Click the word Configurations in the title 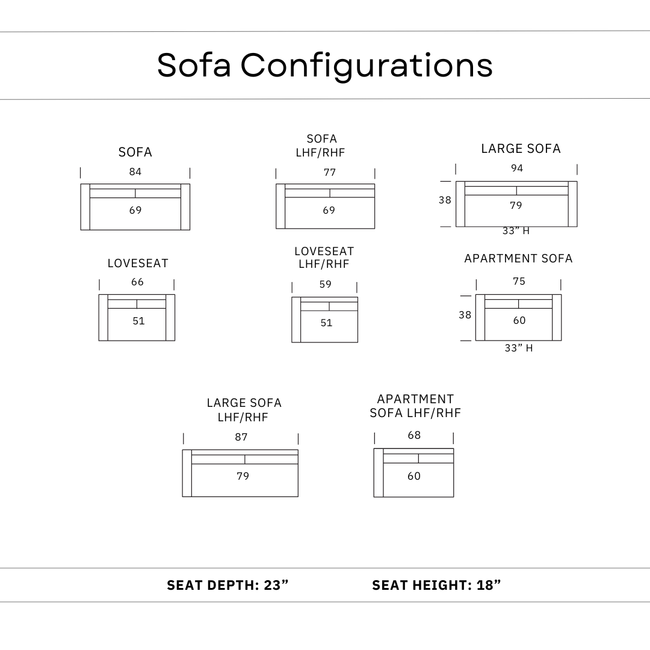[x=367, y=65]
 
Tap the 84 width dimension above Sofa [x=135, y=172]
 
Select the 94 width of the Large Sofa [x=517, y=169]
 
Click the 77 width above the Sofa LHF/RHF [x=330, y=173]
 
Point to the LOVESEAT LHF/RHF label [x=324, y=258]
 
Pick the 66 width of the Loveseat [x=138, y=282]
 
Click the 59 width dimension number [x=326, y=285]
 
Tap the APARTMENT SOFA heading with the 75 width [x=518, y=259]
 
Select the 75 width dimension [x=519, y=282]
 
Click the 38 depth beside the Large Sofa [x=445, y=200]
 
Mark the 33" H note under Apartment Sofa [x=518, y=348]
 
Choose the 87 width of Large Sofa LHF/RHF [x=241, y=438]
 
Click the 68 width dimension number [x=414, y=436]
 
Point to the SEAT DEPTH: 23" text [x=228, y=585]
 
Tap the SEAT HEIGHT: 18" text [x=436, y=585]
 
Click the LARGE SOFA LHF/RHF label [x=244, y=410]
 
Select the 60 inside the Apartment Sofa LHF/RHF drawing [x=414, y=476]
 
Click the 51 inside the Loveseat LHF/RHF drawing [x=326, y=323]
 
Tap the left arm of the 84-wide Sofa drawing [x=85, y=207]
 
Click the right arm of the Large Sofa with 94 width [x=572, y=204]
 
